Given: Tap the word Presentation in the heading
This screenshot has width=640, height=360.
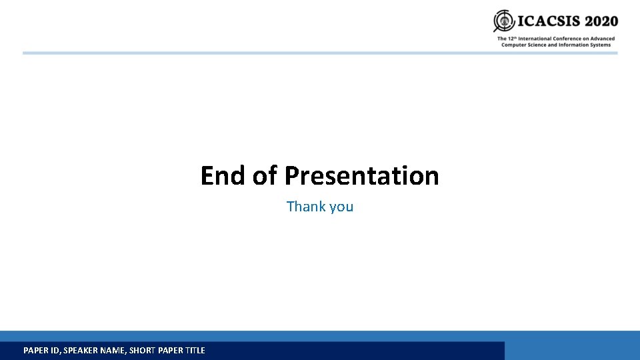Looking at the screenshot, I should [x=361, y=176].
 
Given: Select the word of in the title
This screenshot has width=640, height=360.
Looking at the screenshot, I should [x=265, y=176].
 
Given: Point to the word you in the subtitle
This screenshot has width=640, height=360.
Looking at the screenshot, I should [x=341, y=207].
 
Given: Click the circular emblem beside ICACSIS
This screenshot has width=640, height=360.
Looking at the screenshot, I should [x=503, y=21].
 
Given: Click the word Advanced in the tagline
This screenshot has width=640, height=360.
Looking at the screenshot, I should [x=603, y=39].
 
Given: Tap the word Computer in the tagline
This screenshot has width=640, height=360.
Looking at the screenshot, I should [x=513, y=45].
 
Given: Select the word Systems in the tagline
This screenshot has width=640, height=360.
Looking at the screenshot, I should [x=599, y=45].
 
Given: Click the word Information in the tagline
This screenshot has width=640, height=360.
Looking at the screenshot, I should [x=571, y=45].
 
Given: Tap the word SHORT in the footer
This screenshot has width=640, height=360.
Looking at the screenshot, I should [x=142, y=351].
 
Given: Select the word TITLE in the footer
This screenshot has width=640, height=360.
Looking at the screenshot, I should [x=194, y=351].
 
